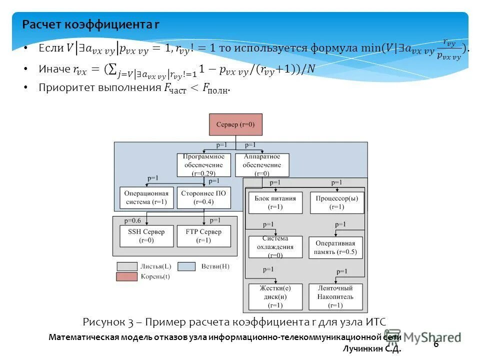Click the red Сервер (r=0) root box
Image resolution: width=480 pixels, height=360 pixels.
click(x=235, y=124)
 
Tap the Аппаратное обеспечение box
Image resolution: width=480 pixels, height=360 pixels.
click(x=261, y=164)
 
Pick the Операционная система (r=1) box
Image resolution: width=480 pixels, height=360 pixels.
click(x=146, y=198)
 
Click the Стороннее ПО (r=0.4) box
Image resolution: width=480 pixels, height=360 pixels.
click(x=204, y=198)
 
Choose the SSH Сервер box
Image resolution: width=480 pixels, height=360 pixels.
click(x=146, y=236)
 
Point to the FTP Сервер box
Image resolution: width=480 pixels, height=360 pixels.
click(x=204, y=236)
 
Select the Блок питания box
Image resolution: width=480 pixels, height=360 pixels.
click(x=275, y=202)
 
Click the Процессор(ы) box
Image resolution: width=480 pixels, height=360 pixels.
click(x=336, y=202)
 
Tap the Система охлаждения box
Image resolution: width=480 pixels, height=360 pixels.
click(x=275, y=247)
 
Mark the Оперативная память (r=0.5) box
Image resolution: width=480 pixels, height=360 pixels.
click(x=335, y=247)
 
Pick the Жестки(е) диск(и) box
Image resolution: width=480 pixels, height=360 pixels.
click(x=275, y=296)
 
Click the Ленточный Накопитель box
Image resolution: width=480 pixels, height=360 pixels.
click(x=335, y=296)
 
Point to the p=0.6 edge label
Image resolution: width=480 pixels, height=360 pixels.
click(x=133, y=220)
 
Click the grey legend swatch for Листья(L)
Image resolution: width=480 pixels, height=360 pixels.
click(x=127, y=266)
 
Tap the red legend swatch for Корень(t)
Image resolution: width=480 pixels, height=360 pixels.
click(x=127, y=276)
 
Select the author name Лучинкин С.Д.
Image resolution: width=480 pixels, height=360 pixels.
click(x=372, y=349)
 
